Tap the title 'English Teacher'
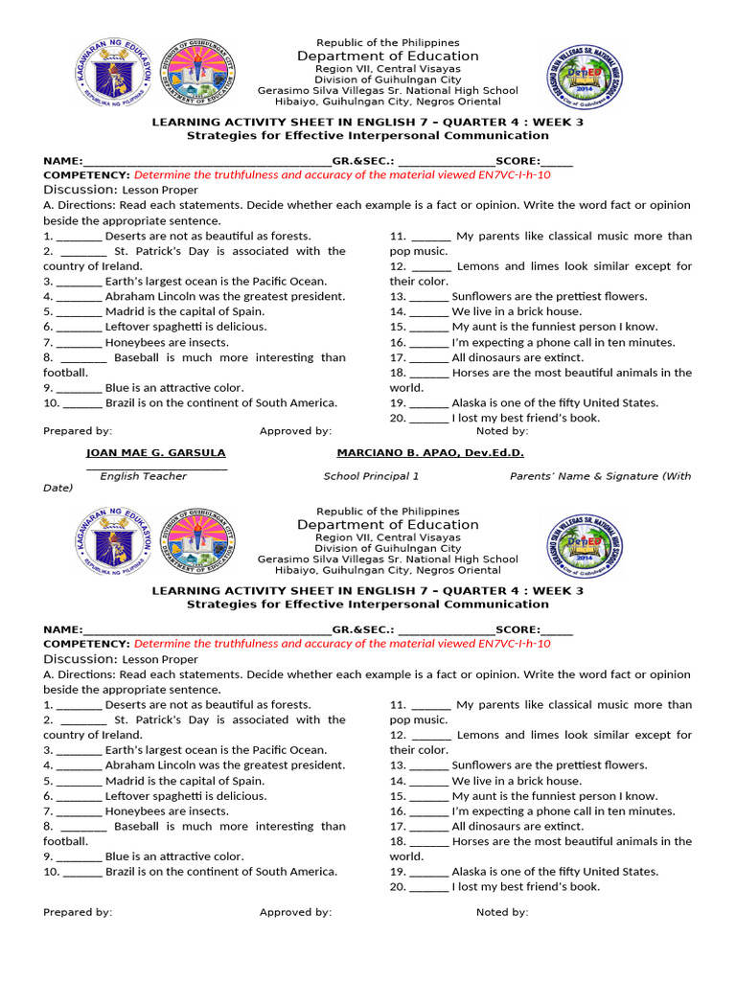pos(144,476)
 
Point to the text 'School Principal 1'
pos(371,476)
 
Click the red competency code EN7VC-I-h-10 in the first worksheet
pos(511,175)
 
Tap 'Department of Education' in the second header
pos(387,525)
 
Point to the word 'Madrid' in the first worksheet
pos(125,311)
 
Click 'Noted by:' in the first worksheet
pos(502,431)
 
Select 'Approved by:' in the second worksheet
pos(295,912)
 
